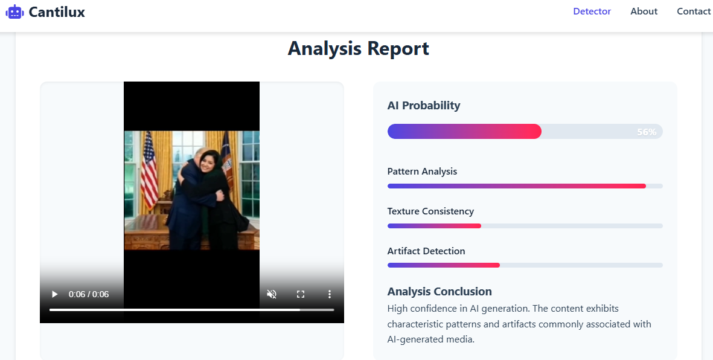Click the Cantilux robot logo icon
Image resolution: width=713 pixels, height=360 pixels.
point(14,12)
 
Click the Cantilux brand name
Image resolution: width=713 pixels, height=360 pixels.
point(57,12)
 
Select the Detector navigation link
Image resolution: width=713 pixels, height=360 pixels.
point(592,11)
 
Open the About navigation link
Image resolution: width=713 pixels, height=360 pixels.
point(644,11)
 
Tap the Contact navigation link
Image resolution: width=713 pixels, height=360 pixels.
point(694,11)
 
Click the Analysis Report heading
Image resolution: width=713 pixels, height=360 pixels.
point(359,48)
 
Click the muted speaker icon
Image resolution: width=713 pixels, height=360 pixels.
point(272,294)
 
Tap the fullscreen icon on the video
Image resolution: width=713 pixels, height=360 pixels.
point(301,294)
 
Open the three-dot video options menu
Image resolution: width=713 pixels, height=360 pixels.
point(330,294)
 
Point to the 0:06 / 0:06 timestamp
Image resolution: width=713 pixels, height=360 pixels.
point(89,294)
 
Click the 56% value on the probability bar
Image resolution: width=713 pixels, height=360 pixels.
point(647,132)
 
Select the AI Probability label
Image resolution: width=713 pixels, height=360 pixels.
point(424,106)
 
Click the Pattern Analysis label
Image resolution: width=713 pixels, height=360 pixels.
point(422,172)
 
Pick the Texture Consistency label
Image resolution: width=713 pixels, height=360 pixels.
point(430,211)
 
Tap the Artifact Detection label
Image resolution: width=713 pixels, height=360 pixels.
point(426,251)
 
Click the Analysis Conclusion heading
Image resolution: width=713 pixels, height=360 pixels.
point(440,291)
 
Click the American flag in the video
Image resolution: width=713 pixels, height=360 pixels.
point(149,170)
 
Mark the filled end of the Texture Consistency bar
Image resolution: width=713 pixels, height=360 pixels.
point(481,226)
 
